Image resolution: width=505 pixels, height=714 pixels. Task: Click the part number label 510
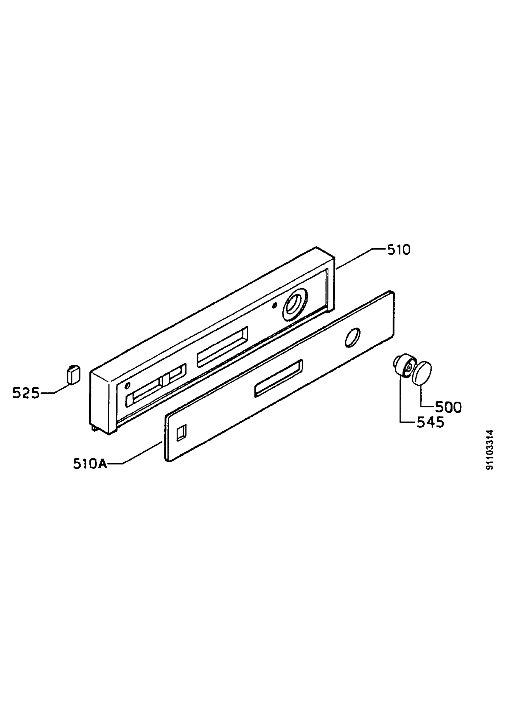point(399,250)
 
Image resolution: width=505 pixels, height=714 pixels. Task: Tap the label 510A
point(90,464)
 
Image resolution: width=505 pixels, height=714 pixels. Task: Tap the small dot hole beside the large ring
point(274,306)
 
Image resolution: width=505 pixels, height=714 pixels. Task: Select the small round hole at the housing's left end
point(127,386)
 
